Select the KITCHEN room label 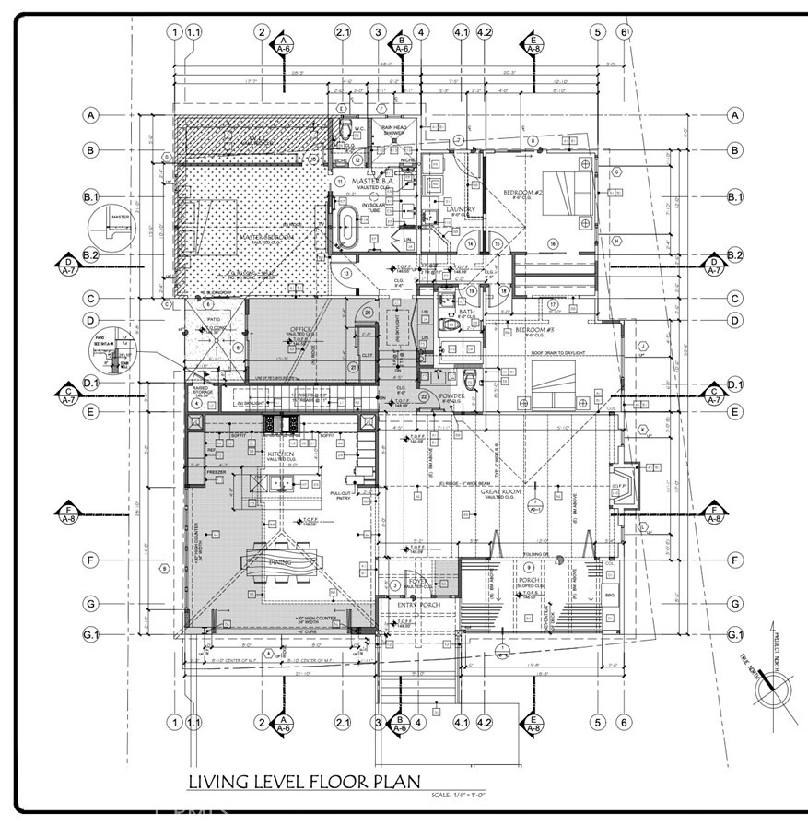281,454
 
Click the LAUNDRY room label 461,210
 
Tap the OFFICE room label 301,328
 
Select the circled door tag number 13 347,274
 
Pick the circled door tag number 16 554,243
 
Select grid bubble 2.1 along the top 343,32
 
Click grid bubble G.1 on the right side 735,635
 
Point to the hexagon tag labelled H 615,241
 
